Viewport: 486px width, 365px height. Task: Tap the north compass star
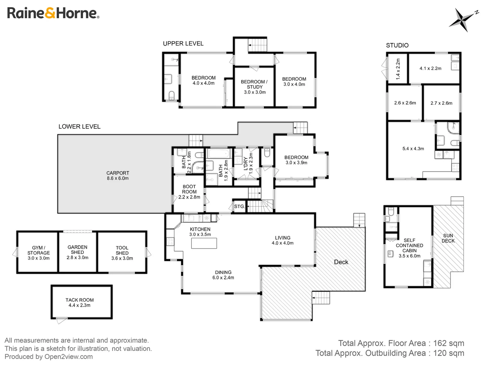pyautogui.click(x=461, y=19)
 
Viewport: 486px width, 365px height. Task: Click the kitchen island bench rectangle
pyautogui.click(x=204, y=243)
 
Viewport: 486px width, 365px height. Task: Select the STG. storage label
pyautogui.click(x=239, y=206)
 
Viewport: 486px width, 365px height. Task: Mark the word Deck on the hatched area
pyautogui.click(x=341, y=262)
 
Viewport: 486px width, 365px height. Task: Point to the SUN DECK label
pyautogui.click(x=448, y=238)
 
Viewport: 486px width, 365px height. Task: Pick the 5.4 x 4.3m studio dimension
pyautogui.click(x=413, y=149)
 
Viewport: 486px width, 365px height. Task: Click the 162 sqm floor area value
pyautogui.click(x=449, y=343)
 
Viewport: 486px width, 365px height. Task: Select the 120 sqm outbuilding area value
pyautogui.click(x=449, y=353)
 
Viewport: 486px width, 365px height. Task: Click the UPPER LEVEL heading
pyautogui.click(x=183, y=44)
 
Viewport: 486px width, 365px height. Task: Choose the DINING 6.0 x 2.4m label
pyautogui.click(x=223, y=275)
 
